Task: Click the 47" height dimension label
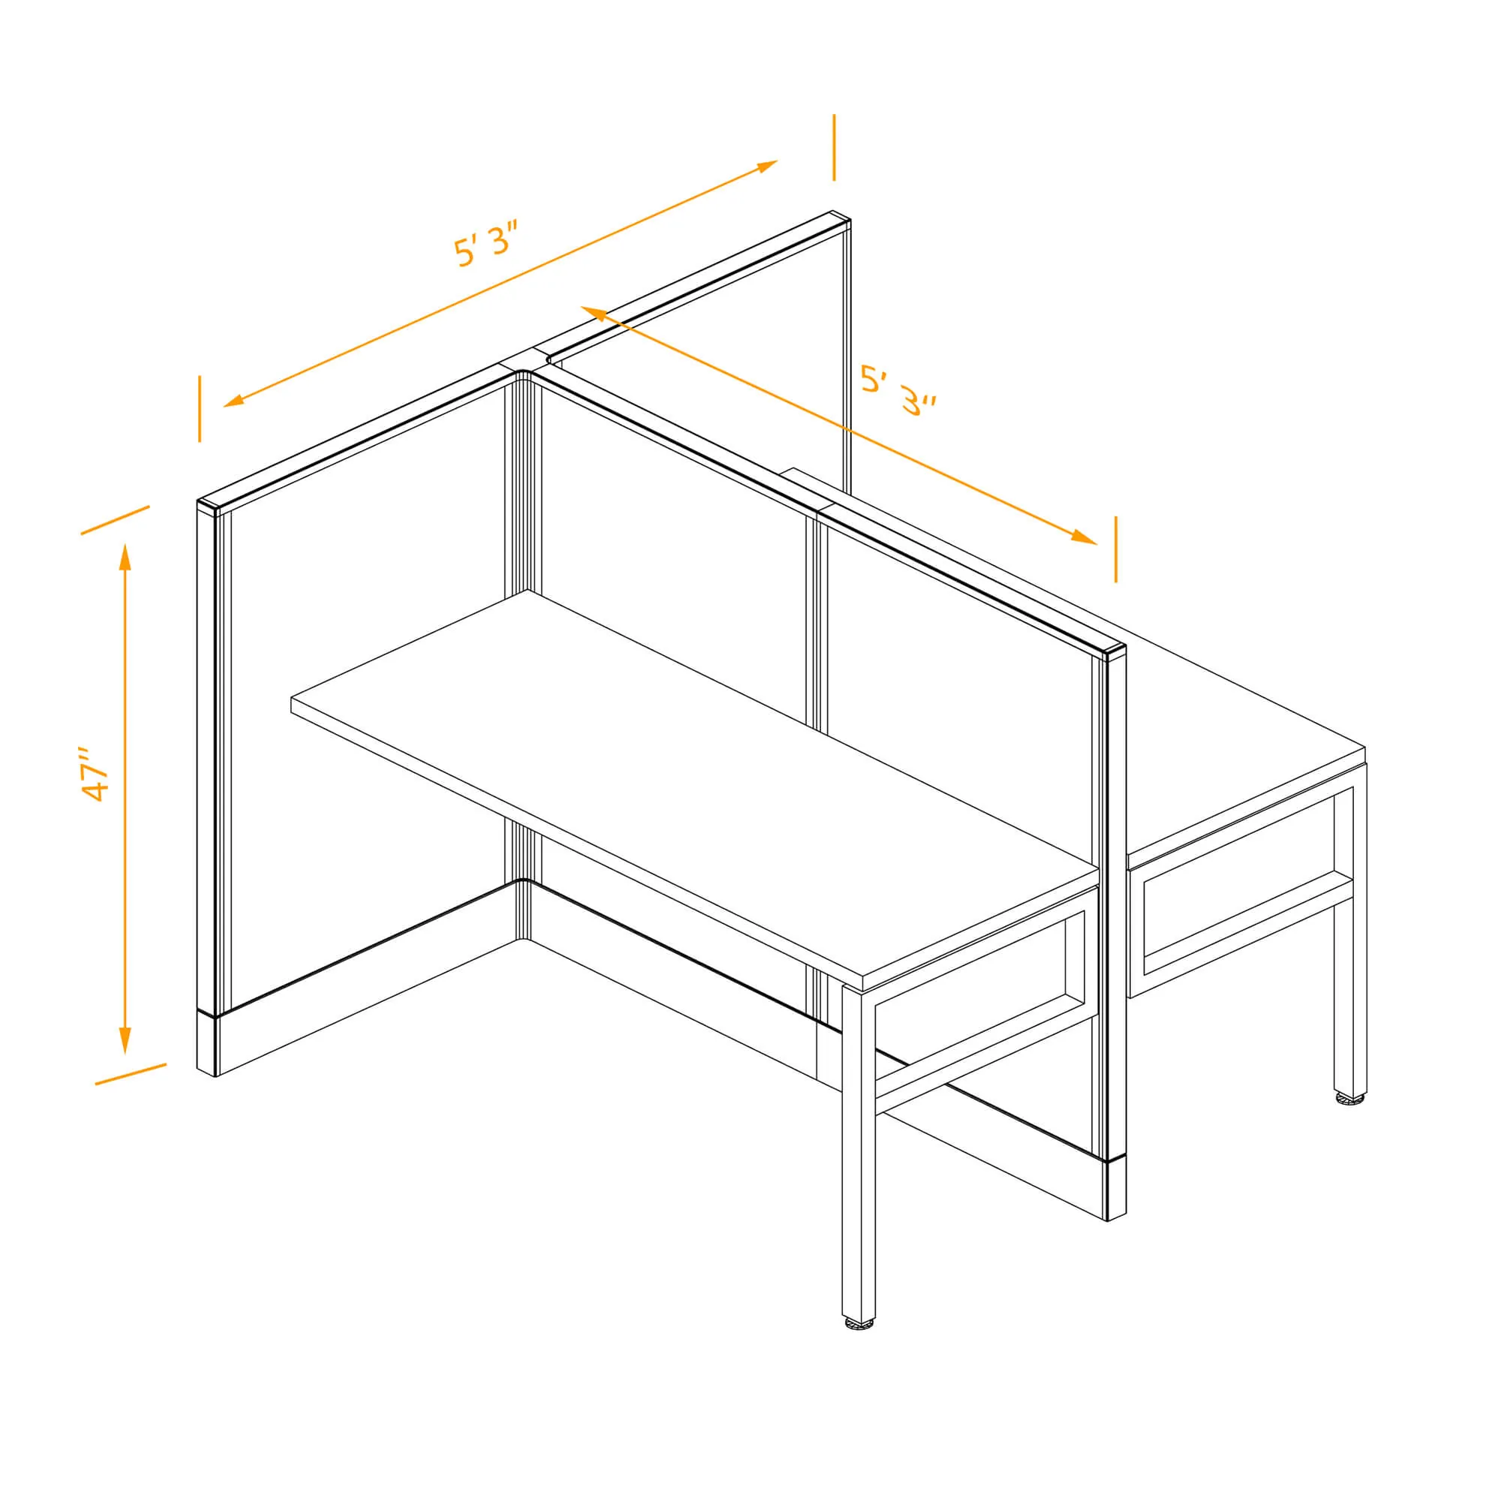[96, 775]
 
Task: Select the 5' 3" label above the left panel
[486, 242]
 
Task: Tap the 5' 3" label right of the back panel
[898, 391]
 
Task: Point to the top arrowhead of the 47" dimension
[125, 557]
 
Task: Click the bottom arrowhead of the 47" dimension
[125, 1040]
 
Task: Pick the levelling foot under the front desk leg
[859, 1322]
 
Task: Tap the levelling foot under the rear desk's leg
[1349, 1098]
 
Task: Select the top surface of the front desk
[693, 785]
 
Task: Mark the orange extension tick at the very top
[834, 148]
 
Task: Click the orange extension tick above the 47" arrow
[115, 520]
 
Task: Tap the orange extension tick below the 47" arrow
[131, 1074]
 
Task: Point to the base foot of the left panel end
[207, 1042]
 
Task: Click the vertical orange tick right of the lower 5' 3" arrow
[1116, 549]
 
